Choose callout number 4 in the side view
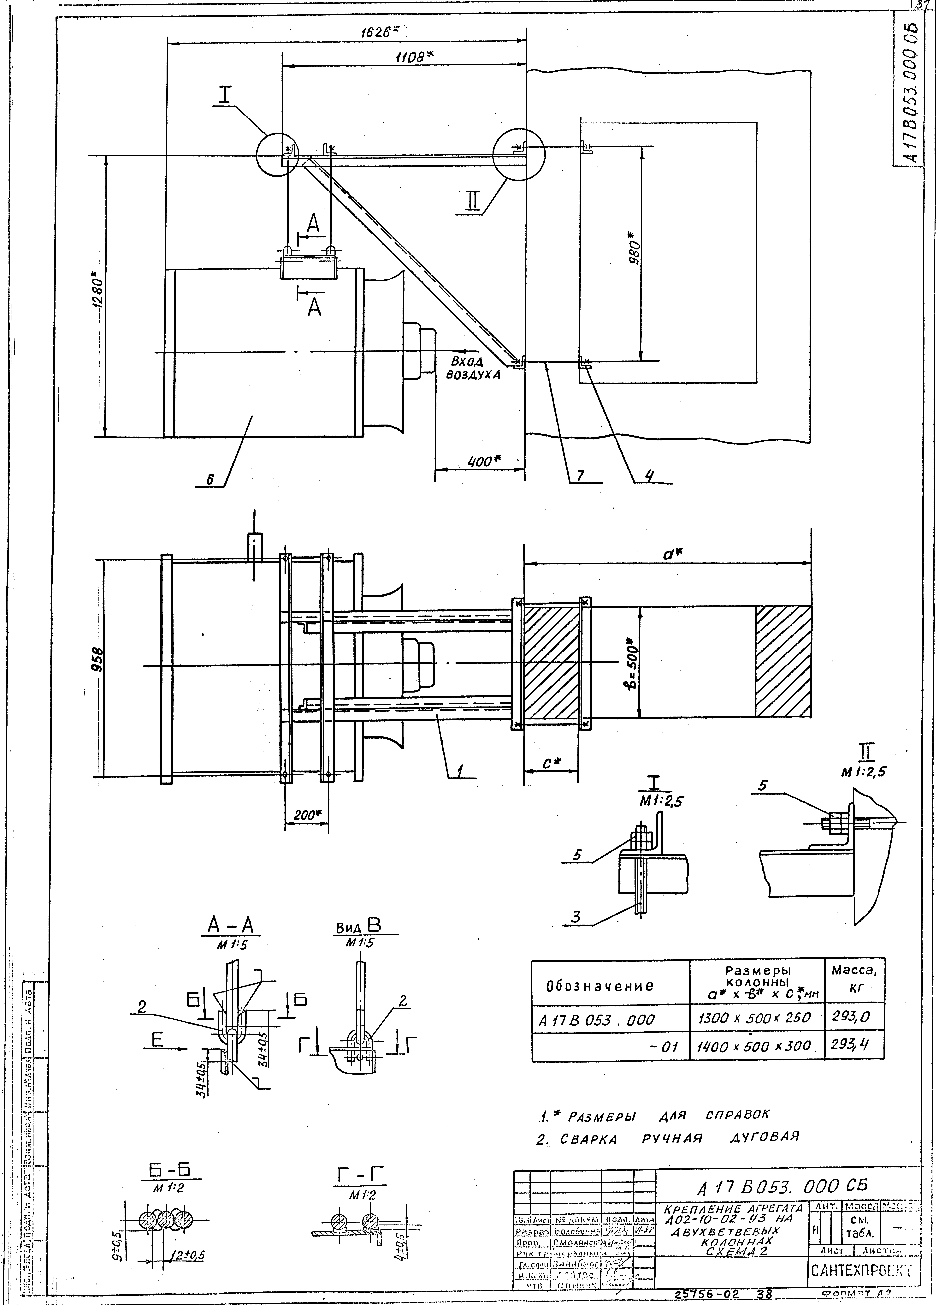649,475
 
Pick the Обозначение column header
599,986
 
